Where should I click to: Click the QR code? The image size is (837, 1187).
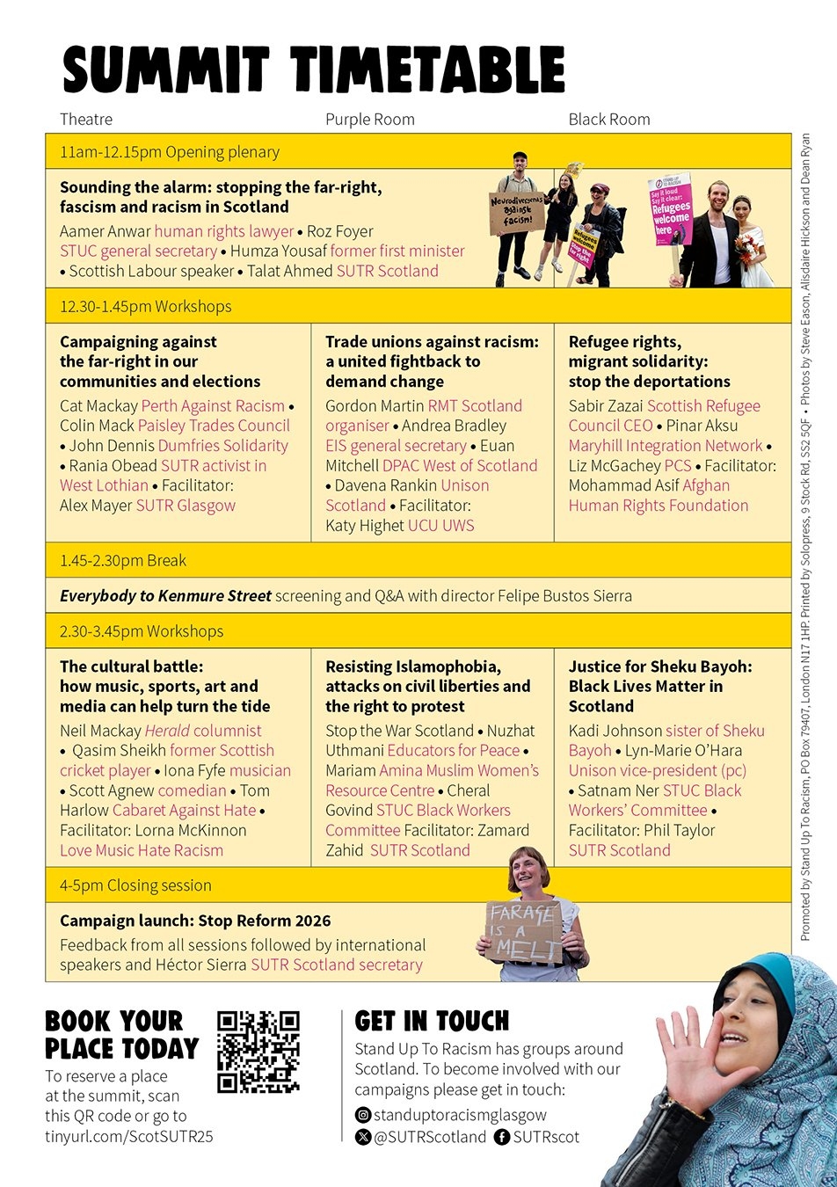(x=258, y=1052)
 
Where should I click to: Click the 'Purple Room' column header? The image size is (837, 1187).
(x=369, y=120)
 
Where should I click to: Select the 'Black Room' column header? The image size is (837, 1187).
(x=608, y=120)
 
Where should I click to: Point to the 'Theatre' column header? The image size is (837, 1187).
(x=86, y=120)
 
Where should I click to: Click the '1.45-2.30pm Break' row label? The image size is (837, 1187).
(x=123, y=561)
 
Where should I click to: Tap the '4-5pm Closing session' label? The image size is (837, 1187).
(x=135, y=885)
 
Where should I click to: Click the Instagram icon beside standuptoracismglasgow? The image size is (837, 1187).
(x=362, y=1115)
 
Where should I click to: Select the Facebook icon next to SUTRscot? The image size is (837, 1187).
(x=502, y=1137)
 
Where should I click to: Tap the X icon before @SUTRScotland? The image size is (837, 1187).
(x=362, y=1137)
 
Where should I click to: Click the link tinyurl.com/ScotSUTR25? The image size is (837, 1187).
(x=128, y=1136)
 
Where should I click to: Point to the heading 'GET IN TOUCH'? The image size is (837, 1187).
(x=432, y=1021)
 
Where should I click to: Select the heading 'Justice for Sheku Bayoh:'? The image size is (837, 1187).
(x=660, y=666)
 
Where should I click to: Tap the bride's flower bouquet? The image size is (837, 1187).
(x=746, y=249)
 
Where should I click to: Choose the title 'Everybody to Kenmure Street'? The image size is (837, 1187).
(x=165, y=596)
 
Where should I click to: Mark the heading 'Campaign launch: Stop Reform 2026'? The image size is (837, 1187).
(x=195, y=921)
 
